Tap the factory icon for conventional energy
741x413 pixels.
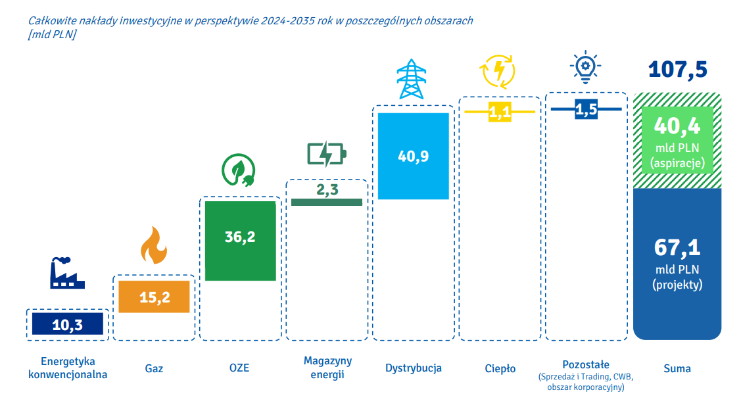pos(68,272)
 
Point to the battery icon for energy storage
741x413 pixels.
pos(327,155)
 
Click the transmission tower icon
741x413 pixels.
pos(412,79)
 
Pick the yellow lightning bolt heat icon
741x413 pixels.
pos(499,70)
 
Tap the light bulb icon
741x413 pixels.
pos(585,67)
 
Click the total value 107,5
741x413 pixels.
pos(678,69)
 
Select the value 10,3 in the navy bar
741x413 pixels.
pos(68,324)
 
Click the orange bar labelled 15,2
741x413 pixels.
pos(155,297)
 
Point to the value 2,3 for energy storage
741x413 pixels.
pos(327,190)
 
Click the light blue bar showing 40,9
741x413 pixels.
pos(413,156)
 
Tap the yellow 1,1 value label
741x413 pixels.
pos(500,112)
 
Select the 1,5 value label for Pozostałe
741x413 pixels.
pos(586,110)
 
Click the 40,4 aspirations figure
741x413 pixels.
pos(677,125)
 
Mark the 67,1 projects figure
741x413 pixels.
pos(677,247)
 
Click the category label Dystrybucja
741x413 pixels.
pos(413,368)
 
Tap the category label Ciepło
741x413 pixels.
pos(500,368)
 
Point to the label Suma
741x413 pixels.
pos(677,368)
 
